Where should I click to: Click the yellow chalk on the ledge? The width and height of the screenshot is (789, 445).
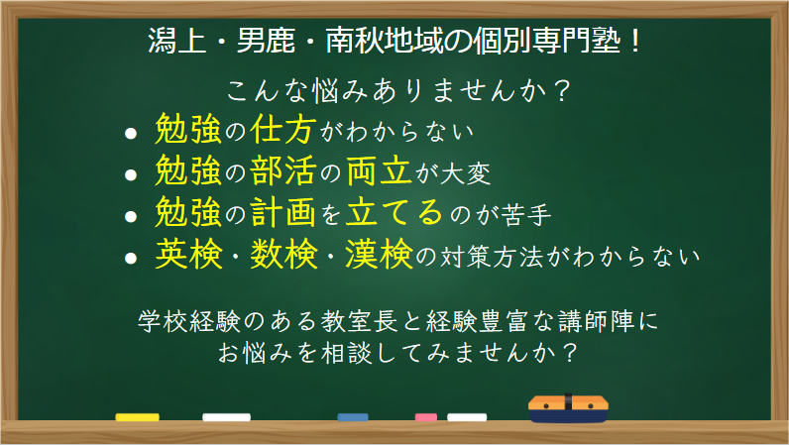[137, 417]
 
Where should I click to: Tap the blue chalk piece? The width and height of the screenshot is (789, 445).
[353, 417]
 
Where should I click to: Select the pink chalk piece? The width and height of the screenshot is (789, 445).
[425, 417]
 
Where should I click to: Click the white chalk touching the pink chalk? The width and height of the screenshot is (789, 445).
[467, 417]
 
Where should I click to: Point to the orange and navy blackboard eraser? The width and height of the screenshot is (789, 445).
[568, 408]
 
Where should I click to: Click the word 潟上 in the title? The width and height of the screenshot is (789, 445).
[177, 41]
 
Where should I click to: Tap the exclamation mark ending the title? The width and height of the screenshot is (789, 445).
[635, 41]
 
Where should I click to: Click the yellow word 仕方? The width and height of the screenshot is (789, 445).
[283, 129]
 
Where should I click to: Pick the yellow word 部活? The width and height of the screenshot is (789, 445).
[283, 170]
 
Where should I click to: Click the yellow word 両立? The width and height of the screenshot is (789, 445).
[380, 170]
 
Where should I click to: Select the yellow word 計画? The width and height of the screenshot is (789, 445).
[283, 212]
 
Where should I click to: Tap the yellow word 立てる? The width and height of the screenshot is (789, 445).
[394, 212]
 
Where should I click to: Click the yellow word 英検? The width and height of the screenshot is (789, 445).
[188, 254]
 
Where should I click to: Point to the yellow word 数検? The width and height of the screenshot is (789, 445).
[283, 254]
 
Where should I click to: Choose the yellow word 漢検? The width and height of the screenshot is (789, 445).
[379, 254]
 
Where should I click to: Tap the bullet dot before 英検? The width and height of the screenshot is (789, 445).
[131, 259]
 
